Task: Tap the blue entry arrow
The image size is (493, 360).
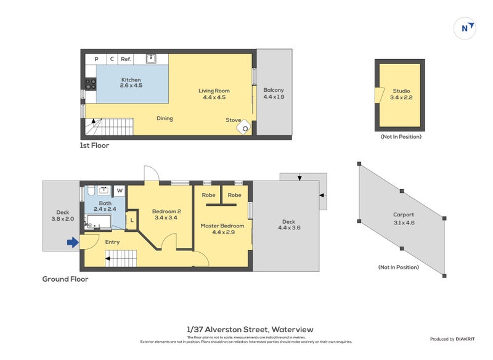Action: pos(73,242)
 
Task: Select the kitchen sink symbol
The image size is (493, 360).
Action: pos(151,59)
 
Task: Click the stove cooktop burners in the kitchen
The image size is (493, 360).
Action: pos(90,83)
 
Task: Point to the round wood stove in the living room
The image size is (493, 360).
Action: pos(245,128)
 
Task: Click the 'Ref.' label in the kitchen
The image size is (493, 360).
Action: pos(126,59)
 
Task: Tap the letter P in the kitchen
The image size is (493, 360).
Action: pos(96,59)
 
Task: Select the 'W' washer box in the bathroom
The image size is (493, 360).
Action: pos(119,190)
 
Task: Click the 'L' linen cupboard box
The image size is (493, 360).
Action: pos(131,219)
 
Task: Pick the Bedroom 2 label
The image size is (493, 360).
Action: pos(166,211)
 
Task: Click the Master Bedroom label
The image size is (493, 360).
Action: pos(222,226)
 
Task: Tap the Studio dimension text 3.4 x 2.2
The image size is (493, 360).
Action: pos(401,97)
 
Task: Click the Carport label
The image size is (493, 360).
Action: pos(404,215)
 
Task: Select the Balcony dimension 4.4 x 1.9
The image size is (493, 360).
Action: pos(273,97)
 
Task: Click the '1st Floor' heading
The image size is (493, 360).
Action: pos(94,146)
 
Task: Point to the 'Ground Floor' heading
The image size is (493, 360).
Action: pos(65,279)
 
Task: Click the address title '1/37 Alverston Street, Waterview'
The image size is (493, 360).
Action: pos(246,329)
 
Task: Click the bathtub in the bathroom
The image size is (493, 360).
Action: pos(99,222)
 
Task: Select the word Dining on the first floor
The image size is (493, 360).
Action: pos(165,118)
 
